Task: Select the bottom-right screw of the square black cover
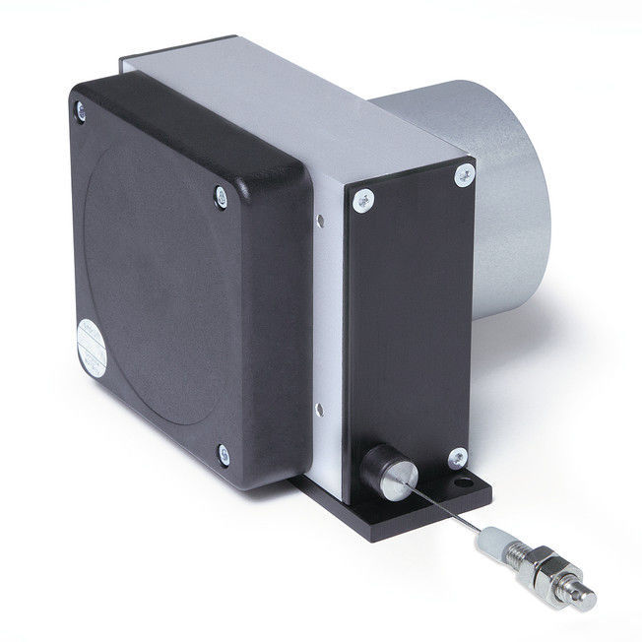pos(225,453)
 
